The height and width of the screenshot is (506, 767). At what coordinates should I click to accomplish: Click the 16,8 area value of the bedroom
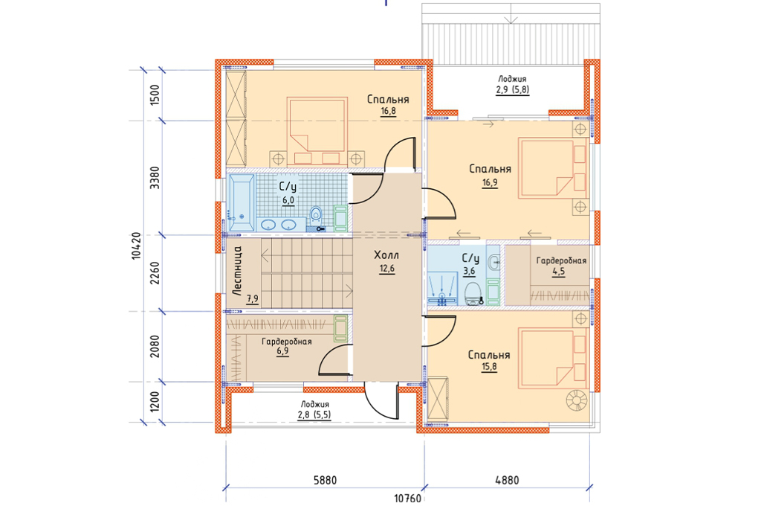(389, 111)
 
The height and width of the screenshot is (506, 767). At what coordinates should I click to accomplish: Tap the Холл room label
(386, 255)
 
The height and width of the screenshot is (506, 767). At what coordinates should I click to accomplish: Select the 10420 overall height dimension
(137, 246)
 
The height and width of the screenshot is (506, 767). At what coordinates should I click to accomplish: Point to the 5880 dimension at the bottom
(326, 480)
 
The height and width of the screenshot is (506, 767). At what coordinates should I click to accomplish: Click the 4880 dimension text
(507, 480)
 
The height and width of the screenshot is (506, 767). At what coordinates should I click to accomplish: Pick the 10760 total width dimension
(407, 499)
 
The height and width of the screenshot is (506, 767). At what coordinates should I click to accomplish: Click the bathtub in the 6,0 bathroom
(242, 202)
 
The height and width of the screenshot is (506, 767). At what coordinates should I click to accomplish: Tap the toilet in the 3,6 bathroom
(473, 293)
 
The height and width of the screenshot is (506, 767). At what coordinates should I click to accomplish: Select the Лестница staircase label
(237, 270)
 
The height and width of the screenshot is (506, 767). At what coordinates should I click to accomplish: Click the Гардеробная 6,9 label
(287, 346)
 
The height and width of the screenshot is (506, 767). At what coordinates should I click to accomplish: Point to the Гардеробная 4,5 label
(561, 266)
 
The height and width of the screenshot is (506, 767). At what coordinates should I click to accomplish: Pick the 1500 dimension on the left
(155, 95)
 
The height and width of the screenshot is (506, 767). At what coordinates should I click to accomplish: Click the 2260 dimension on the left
(155, 273)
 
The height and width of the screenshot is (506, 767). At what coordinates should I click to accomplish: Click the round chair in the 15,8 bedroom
(576, 400)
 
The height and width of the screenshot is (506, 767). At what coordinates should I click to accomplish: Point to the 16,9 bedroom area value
(490, 183)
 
